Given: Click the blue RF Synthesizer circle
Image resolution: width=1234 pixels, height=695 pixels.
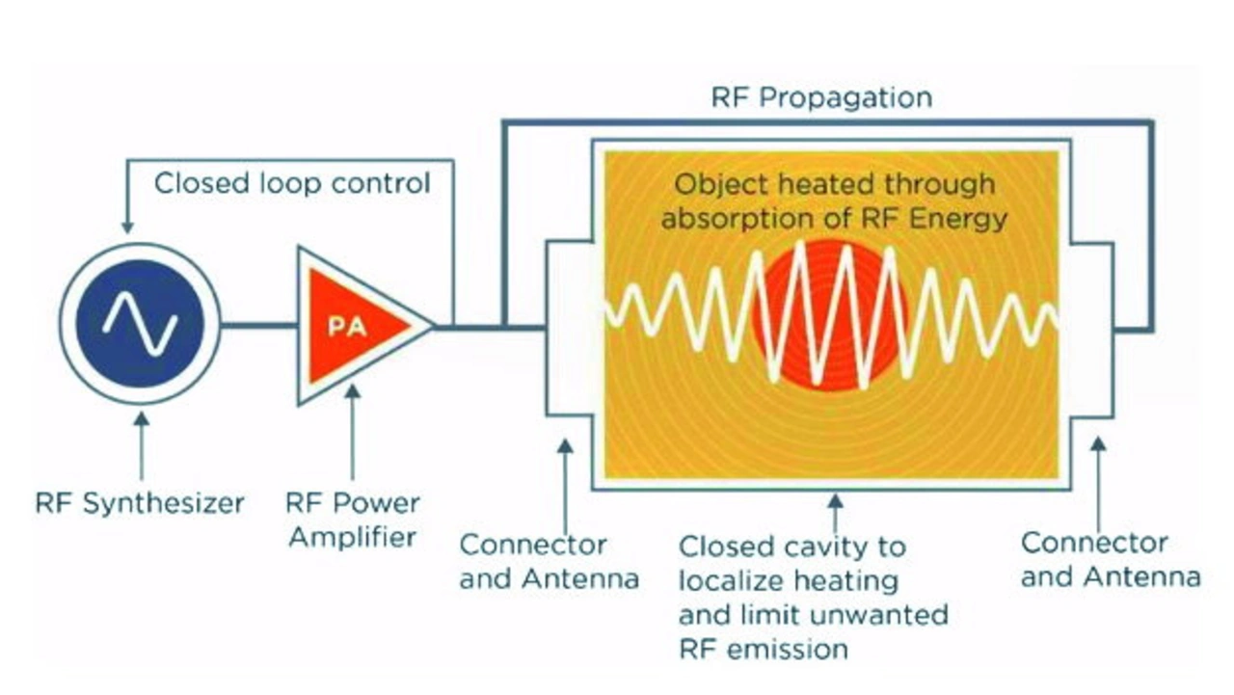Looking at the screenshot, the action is (x=140, y=324).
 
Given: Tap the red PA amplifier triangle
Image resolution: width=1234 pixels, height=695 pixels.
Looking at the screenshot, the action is (x=353, y=326).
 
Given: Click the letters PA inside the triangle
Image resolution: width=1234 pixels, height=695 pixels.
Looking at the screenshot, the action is (x=347, y=327).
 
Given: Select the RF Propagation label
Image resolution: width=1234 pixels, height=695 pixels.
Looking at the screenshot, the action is (x=822, y=97).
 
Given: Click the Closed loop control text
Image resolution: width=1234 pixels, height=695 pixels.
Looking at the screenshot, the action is (x=292, y=183).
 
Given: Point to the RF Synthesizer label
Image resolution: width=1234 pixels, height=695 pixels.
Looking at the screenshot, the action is (x=140, y=503).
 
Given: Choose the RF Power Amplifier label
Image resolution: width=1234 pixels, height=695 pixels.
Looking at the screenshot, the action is (x=353, y=520).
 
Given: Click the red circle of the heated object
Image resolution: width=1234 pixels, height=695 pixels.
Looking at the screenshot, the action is (x=830, y=317).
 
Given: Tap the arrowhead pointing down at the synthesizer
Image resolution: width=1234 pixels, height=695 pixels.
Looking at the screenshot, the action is (x=127, y=227).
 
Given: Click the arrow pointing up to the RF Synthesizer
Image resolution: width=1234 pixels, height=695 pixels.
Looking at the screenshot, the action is (x=142, y=446).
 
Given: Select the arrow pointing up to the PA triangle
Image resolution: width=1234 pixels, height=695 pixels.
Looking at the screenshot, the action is (x=353, y=432).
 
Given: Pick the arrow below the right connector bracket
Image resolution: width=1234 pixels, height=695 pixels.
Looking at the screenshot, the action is (x=1099, y=485).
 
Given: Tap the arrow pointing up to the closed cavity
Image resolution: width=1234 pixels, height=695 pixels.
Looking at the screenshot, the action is (x=836, y=513).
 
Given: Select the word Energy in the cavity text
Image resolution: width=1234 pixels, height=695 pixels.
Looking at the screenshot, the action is (x=958, y=219).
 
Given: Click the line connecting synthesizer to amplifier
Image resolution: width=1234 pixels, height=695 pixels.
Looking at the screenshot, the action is (x=259, y=325).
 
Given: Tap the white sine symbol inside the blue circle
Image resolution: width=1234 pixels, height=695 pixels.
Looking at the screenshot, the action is (x=140, y=323).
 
